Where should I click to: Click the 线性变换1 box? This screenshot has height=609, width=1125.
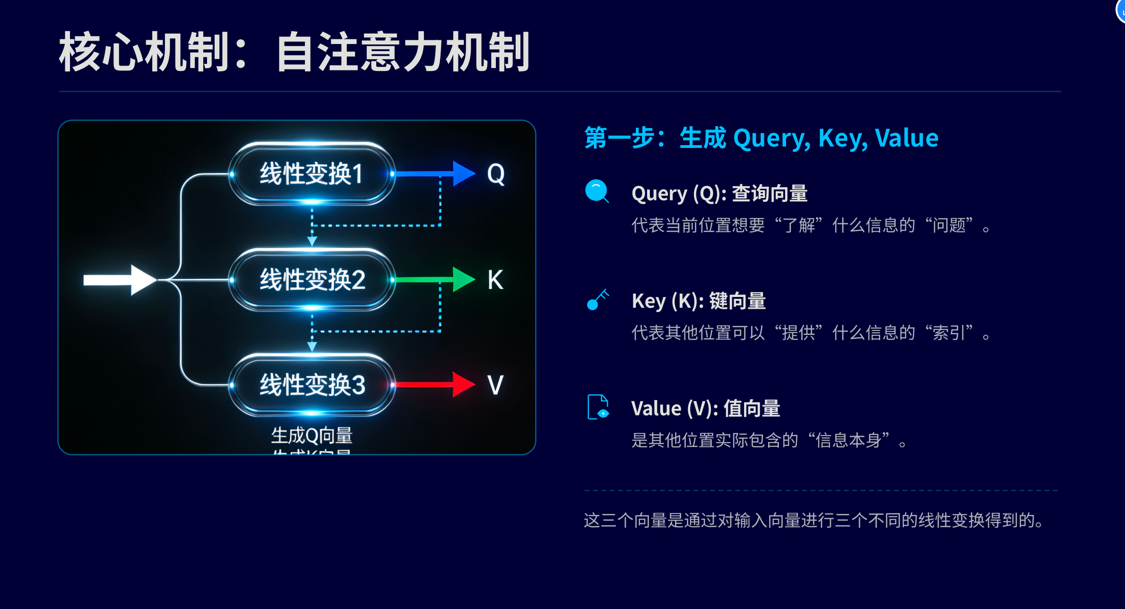[x=311, y=174]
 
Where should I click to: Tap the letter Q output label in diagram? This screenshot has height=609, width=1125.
[x=496, y=174]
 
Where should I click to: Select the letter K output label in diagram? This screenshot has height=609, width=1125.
[x=495, y=280]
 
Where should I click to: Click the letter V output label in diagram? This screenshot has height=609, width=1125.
[x=495, y=385]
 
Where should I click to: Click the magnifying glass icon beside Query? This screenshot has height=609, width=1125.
[x=597, y=191]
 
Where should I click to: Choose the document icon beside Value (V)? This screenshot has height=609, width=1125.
[x=598, y=407]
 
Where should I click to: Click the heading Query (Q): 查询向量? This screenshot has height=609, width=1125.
[x=719, y=193]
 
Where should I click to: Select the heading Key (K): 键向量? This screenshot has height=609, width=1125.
[x=698, y=301]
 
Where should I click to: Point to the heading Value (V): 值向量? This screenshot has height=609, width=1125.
[x=705, y=408]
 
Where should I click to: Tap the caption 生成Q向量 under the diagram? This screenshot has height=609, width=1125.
[x=312, y=435]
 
